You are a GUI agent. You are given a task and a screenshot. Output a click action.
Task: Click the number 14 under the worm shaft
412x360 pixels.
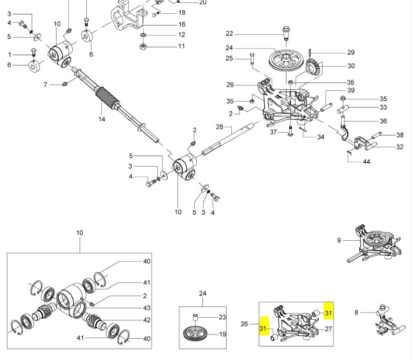[102, 119]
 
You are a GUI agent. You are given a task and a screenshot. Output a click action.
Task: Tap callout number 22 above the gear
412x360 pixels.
[229, 34]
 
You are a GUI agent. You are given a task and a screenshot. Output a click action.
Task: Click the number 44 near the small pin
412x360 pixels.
[366, 162]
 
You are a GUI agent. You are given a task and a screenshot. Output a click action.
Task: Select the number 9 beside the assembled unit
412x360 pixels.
[339, 240]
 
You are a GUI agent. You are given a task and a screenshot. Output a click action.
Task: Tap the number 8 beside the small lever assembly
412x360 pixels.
[356, 313]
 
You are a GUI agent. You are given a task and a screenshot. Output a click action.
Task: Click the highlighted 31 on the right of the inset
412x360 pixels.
[328, 313]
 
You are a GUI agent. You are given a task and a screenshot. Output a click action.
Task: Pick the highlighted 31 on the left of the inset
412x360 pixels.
[263, 328]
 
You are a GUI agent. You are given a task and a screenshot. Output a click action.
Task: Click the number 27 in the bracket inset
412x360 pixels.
[328, 329]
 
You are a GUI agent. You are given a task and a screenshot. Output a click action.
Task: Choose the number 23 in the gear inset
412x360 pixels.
[222, 317]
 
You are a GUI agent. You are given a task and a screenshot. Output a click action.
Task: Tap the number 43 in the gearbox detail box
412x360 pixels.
[147, 308]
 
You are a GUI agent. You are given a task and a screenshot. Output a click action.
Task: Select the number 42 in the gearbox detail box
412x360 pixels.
[147, 320]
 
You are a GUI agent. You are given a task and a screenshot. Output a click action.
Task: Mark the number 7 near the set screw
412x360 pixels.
[46, 85]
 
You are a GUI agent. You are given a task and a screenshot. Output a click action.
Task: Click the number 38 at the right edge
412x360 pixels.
[400, 135]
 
